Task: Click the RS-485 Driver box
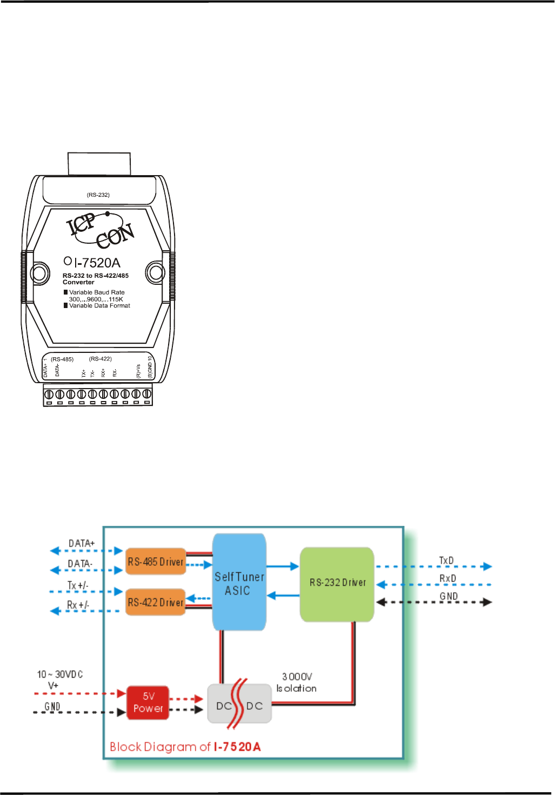pos(156,562)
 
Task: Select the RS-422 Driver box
pos(156,602)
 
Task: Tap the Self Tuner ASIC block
pos(239,583)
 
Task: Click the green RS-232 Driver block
pos(337,583)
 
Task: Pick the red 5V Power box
pos(148,703)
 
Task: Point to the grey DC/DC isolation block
pos(239,705)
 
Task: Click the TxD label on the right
pos(446,560)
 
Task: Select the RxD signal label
pos(447,578)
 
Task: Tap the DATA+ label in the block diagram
pos(82,543)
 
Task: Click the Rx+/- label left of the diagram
pos(78,605)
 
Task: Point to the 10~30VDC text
pos(60,674)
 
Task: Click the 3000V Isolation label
pos(297,682)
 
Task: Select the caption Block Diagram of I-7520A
pos(185,747)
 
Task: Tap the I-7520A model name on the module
pos(97,263)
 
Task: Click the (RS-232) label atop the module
pos(98,195)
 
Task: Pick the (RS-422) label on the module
pos(101,359)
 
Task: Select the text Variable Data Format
pos(99,306)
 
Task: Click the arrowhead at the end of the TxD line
pos(487,566)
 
